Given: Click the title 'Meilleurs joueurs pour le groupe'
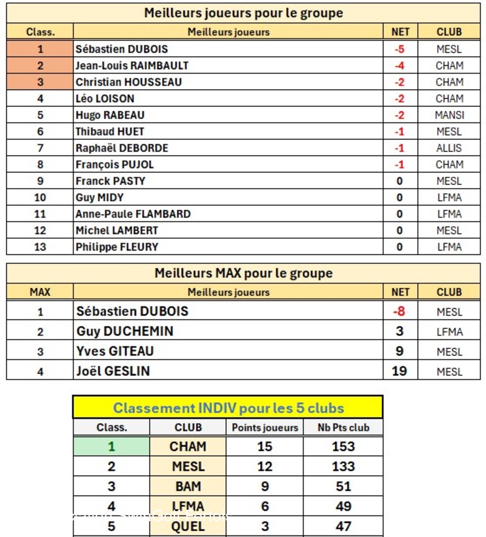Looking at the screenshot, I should tap(244, 13).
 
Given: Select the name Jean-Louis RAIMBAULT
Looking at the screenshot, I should tap(132, 66).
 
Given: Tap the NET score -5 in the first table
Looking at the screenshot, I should tap(399, 49).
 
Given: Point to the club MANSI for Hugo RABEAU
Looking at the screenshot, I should tap(449, 115).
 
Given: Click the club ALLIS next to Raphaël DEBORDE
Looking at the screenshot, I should tap(449, 148).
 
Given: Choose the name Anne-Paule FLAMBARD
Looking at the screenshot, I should tap(133, 214).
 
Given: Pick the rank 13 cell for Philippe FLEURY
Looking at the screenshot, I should tap(40, 247).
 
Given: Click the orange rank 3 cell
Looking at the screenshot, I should tap(40, 82).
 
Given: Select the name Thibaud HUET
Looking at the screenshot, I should tap(110, 132).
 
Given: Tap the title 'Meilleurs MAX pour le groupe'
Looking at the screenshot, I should tap(244, 273).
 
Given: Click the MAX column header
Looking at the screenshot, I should tap(40, 292).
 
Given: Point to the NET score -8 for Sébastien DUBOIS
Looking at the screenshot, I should tap(399, 312).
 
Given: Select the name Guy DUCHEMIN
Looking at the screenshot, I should tap(125, 331).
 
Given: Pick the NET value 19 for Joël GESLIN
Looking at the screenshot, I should tap(399, 371).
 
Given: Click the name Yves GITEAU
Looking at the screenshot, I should tap(115, 351).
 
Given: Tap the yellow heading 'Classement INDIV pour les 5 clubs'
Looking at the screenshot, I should tap(228, 408).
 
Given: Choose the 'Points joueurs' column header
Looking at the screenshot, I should tap(265, 428).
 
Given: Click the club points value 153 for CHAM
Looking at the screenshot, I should tap(343, 447).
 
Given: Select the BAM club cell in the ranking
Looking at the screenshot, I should tap(188, 487).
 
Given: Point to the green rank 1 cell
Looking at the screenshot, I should tap(111, 447).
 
